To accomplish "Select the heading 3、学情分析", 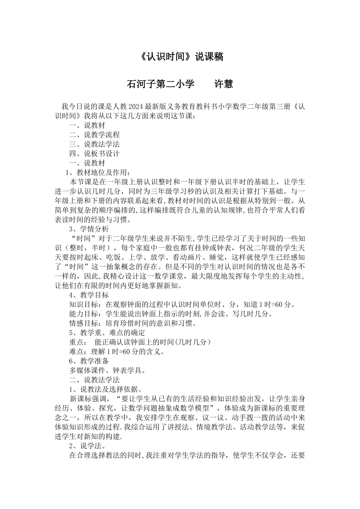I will (x=89, y=229).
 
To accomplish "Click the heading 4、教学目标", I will (x=89, y=295).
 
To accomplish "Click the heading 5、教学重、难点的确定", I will (x=107, y=333).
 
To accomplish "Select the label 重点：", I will (x=78, y=342).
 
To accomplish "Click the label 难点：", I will (x=78, y=352).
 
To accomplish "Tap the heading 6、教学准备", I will (x=89, y=361).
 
